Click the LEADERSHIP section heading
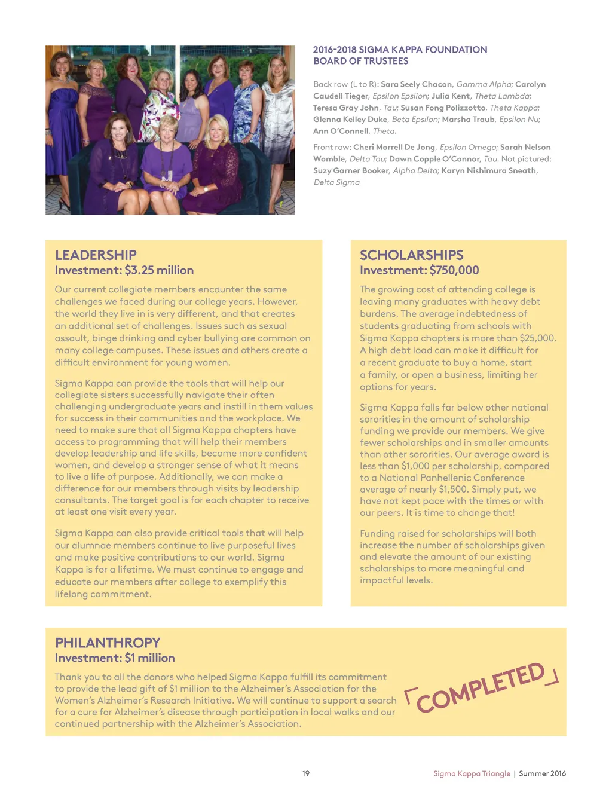96,255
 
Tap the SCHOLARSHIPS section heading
411,255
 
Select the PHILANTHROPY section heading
108,643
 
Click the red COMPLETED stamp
481,687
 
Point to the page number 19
305,773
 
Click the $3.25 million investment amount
159,270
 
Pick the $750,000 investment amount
454,270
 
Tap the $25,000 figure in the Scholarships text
537,338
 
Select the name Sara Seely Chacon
417,84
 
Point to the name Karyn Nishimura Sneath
488,170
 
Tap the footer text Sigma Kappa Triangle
472,773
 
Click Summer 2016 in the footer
542,773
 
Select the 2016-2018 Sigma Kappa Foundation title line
400,50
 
